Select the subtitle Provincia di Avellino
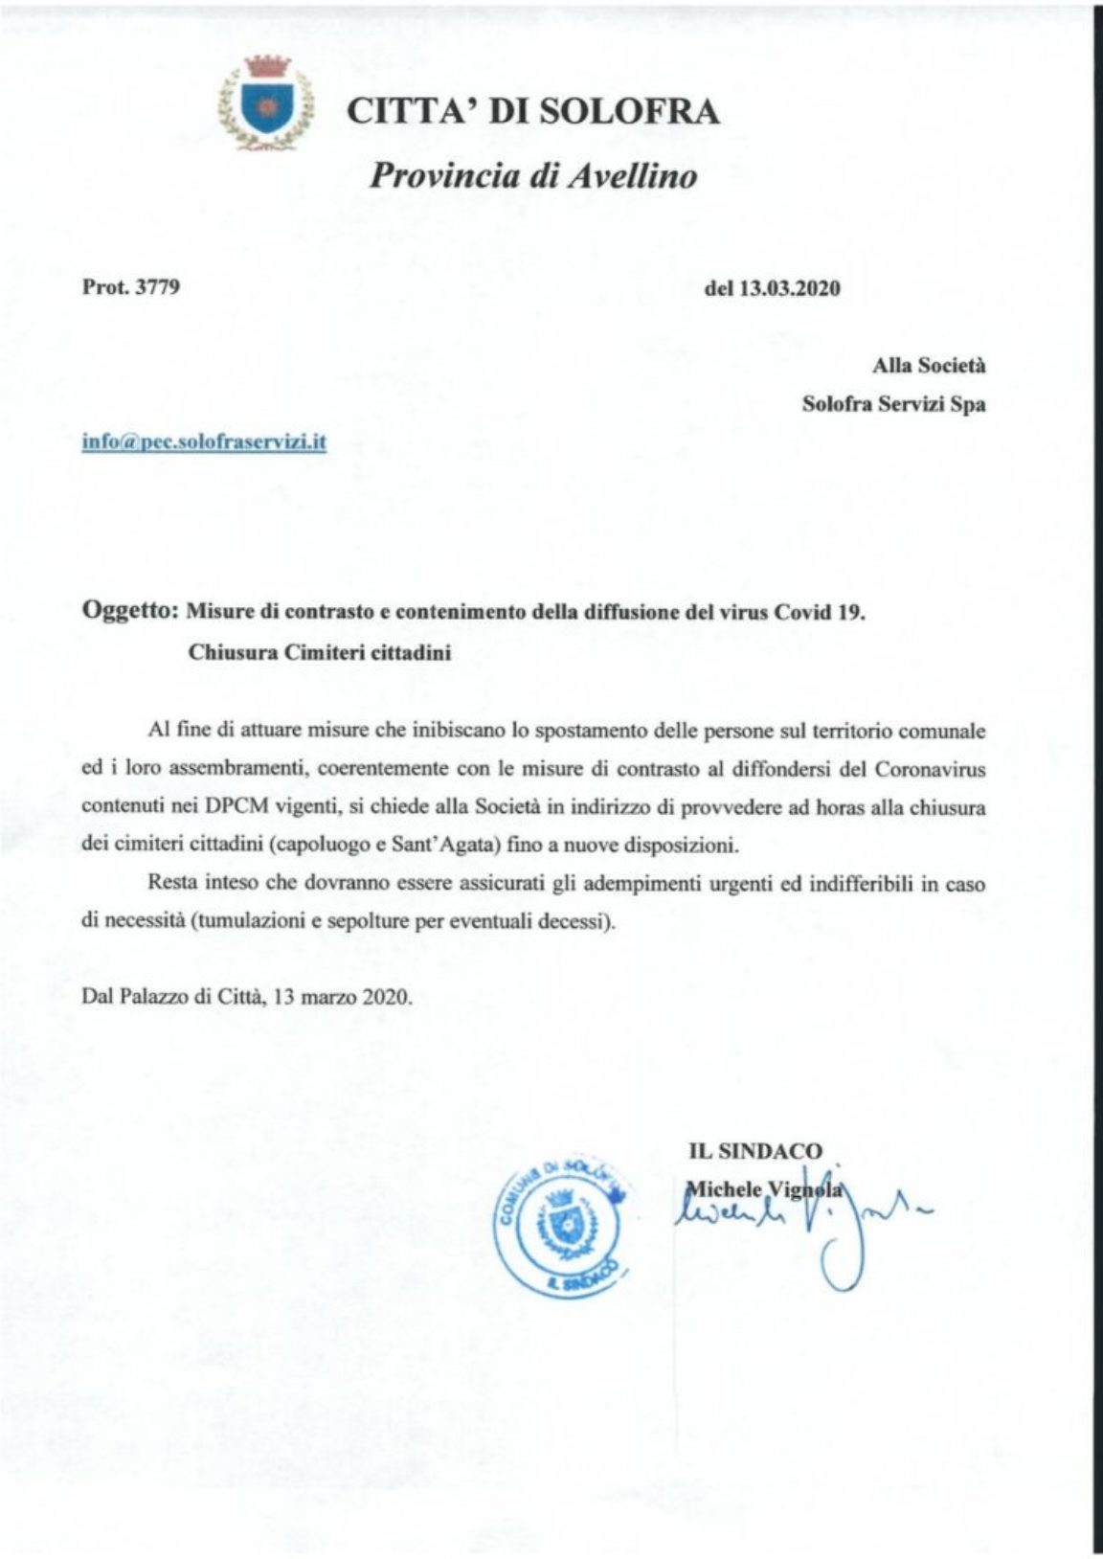[x=533, y=176]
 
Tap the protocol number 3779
[x=157, y=287]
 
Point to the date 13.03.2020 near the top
[x=785, y=288]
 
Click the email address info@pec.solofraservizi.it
[x=205, y=442]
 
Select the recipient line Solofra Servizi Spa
[x=893, y=404]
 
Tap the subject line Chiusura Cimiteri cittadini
[x=320, y=654]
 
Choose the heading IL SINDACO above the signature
[x=754, y=1152]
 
